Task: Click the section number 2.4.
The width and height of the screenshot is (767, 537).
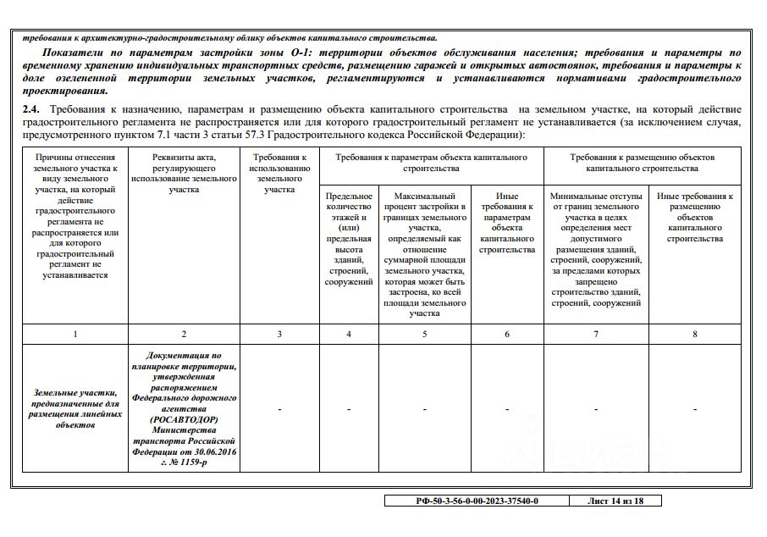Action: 31,110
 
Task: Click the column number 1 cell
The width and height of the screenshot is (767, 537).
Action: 75,334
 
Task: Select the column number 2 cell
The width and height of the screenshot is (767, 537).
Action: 184,334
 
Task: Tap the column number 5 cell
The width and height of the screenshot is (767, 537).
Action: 424,334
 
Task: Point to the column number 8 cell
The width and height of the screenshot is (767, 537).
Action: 694,334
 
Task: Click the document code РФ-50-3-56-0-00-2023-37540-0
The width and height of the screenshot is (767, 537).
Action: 477,501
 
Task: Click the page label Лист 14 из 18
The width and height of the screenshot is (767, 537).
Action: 615,501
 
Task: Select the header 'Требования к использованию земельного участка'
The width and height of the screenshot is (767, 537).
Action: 279,174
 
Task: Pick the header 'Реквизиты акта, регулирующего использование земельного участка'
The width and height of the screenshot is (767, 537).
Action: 184,174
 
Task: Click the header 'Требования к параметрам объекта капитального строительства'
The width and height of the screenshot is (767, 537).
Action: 431,163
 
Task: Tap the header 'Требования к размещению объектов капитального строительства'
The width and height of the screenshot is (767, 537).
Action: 643,163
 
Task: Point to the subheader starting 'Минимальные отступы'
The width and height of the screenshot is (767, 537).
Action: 596,250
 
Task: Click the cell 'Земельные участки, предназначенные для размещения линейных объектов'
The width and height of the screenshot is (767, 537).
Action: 75,409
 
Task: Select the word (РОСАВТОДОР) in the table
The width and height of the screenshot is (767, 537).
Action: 184,420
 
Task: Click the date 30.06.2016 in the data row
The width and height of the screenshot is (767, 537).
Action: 212,452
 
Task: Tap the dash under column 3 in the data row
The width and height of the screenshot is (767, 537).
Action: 279,410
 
